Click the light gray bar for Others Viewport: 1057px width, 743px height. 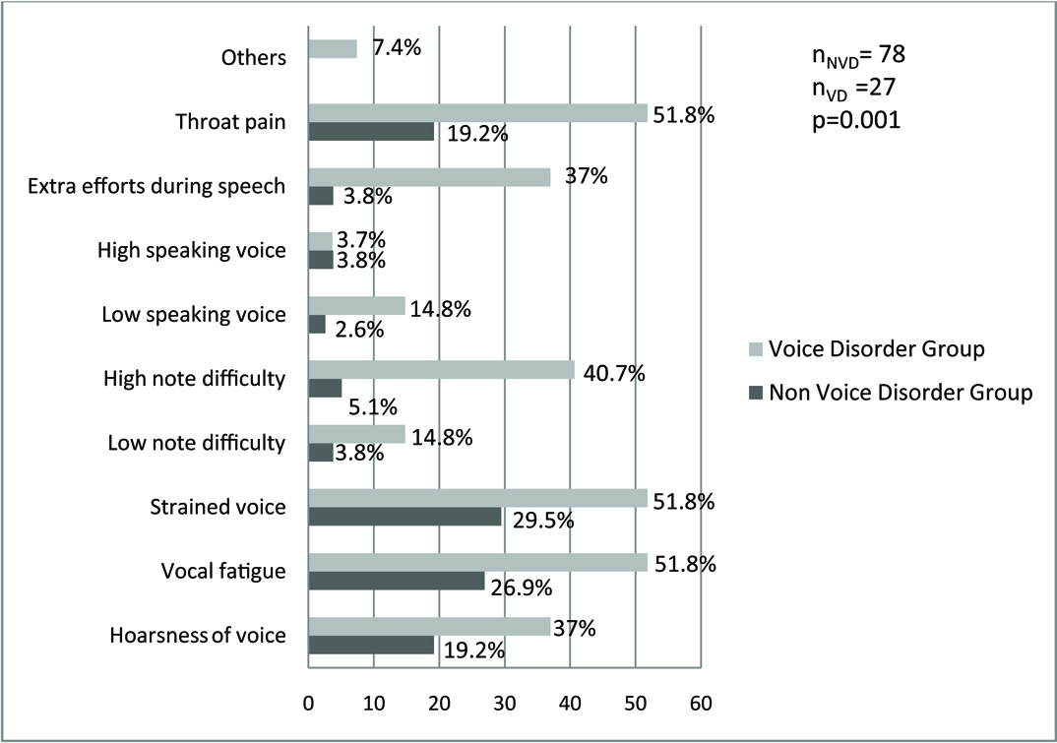[333, 48]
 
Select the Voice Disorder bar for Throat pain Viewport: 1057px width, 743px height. [478, 113]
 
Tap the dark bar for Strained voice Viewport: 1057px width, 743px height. [404, 518]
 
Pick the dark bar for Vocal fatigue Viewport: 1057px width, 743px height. [397, 582]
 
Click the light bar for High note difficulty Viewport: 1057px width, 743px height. [442, 370]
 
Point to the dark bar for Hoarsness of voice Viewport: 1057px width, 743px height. [371, 646]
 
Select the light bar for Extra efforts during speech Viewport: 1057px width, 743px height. [430, 177]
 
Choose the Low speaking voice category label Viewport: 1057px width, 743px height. [194, 315]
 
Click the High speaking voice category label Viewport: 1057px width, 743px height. [192, 251]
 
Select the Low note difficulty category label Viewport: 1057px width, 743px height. [197, 444]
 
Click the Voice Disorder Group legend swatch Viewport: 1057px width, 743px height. [755, 349]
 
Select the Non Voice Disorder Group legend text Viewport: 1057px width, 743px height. [901, 393]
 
